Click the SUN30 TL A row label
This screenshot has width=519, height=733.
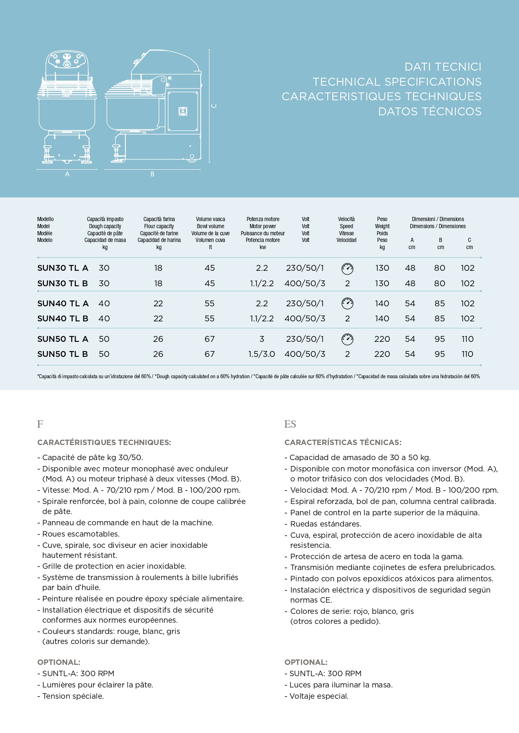pos(63,268)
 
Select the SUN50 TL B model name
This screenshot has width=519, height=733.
pos(63,354)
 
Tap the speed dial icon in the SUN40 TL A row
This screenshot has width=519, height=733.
pos(347,303)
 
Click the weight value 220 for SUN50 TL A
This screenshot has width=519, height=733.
pos(382,339)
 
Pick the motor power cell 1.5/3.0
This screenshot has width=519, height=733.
pos(261,354)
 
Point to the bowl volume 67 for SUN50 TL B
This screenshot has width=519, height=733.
pos(210,354)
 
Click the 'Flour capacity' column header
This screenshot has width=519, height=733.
pos(159,227)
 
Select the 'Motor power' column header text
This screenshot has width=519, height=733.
pos(263,227)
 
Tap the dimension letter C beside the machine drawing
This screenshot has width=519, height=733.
pos(214,106)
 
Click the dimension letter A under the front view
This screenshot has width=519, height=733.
pos(67,174)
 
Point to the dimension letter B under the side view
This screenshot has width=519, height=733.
pos(152,174)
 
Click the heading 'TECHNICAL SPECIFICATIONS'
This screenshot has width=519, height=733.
pos(397,82)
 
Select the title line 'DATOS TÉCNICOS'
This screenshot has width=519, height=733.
pos(430,112)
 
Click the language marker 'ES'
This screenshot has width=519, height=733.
pos(290,424)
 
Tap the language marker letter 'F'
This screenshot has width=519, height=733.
pos(40,424)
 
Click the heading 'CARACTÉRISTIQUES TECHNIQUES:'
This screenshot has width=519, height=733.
pos(104,443)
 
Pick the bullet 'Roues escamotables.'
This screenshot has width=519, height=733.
pos(81,534)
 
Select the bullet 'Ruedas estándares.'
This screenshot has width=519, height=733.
pos(325,524)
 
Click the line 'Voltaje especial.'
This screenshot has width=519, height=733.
pos(319,696)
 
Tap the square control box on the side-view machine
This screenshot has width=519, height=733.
pos(183,111)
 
